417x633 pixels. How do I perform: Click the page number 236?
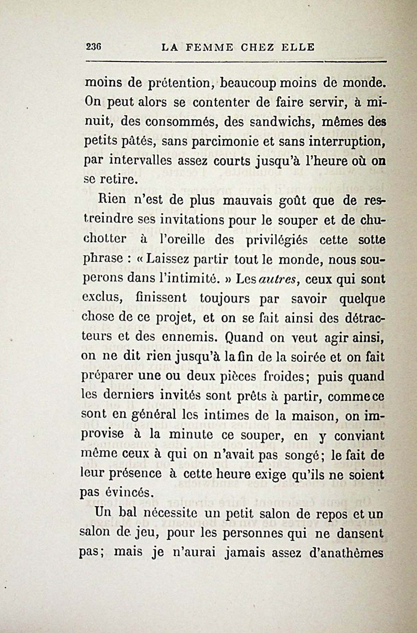tap(94, 47)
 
